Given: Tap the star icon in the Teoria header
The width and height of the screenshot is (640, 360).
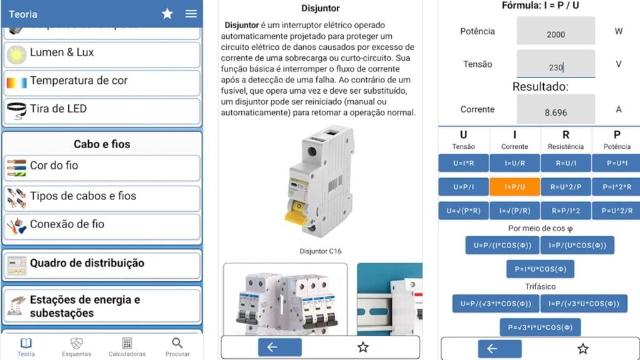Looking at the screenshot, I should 167,14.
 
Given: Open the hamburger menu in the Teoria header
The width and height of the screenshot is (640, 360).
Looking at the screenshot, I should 191,14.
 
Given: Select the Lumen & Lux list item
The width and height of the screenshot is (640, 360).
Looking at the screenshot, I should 102,54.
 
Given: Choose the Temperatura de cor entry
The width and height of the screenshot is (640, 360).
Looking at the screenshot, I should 102,82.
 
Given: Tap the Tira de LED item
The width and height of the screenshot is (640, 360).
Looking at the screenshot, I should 102,110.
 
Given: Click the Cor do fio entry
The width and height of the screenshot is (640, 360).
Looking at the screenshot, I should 102,167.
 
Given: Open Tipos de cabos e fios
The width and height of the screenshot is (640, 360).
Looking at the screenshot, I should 102,197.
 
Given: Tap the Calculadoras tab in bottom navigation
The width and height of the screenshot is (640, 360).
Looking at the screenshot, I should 127,347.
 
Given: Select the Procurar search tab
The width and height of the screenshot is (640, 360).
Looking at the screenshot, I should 177,347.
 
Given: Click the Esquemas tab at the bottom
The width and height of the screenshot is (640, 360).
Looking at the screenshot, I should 76,347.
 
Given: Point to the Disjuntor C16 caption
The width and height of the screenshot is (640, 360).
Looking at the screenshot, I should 321,251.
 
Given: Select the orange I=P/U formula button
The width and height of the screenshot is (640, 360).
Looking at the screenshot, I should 514,187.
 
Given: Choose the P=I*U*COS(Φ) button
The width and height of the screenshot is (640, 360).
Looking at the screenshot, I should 540,269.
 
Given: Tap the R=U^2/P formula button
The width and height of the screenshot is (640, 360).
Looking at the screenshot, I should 566,187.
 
